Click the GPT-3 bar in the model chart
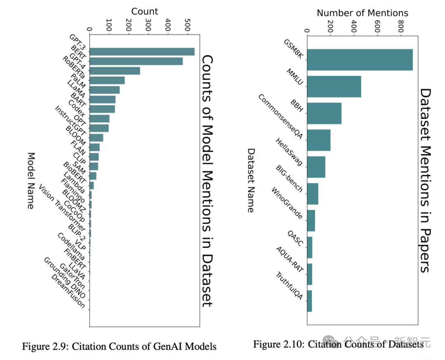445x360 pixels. click(x=142, y=52)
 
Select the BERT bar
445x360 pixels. click(x=136, y=61)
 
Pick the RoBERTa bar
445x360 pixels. click(x=107, y=80)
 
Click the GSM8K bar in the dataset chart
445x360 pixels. click(x=360, y=60)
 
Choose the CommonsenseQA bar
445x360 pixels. click(x=319, y=140)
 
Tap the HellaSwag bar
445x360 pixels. click(x=316, y=167)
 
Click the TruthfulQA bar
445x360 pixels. click(x=309, y=301)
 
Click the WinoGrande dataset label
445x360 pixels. click(x=287, y=203)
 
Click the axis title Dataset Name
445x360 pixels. click(x=250, y=181)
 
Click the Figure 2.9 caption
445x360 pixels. click(x=119, y=346)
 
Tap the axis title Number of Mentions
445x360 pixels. click(x=362, y=13)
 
